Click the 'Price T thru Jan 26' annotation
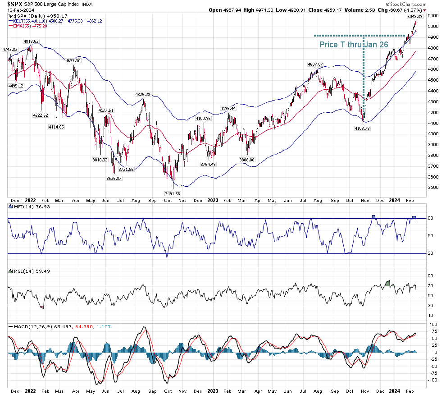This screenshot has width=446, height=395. pyautogui.click(x=354, y=45)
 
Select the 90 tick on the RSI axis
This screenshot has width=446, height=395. pyautogui.click(x=430, y=276)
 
